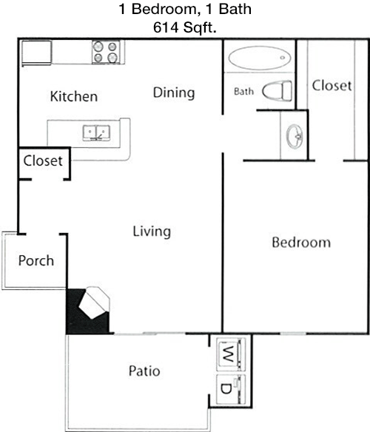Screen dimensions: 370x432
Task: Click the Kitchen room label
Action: (x=74, y=96)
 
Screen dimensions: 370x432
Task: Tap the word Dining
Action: (x=174, y=93)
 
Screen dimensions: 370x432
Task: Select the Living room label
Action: (x=152, y=232)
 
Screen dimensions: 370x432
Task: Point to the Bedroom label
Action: (x=301, y=243)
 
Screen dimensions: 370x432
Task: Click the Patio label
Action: (x=144, y=371)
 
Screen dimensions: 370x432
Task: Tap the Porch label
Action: (x=36, y=260)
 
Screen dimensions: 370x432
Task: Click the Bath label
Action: (x=243, y=91)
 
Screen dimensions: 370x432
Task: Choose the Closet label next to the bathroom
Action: (x=332, y=85)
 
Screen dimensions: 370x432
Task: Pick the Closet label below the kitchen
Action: (x=43, y=161)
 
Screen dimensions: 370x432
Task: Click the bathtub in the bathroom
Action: (x=260, y=57)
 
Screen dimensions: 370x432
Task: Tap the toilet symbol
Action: (x=277, y=91)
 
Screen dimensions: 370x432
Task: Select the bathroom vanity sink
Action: (x=295, y=136)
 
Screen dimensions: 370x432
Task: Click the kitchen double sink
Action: (x=96, y=133)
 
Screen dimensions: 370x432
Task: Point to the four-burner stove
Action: (x=106, y=52)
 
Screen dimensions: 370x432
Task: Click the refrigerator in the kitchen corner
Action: (x=37, y=53)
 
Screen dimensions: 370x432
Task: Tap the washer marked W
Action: (x=231, y=354)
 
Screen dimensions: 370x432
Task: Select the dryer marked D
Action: (x=231, y=389)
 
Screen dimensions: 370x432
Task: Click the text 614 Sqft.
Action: (x=185, y=27)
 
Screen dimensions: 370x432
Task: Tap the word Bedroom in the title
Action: (x=164, y=9)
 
